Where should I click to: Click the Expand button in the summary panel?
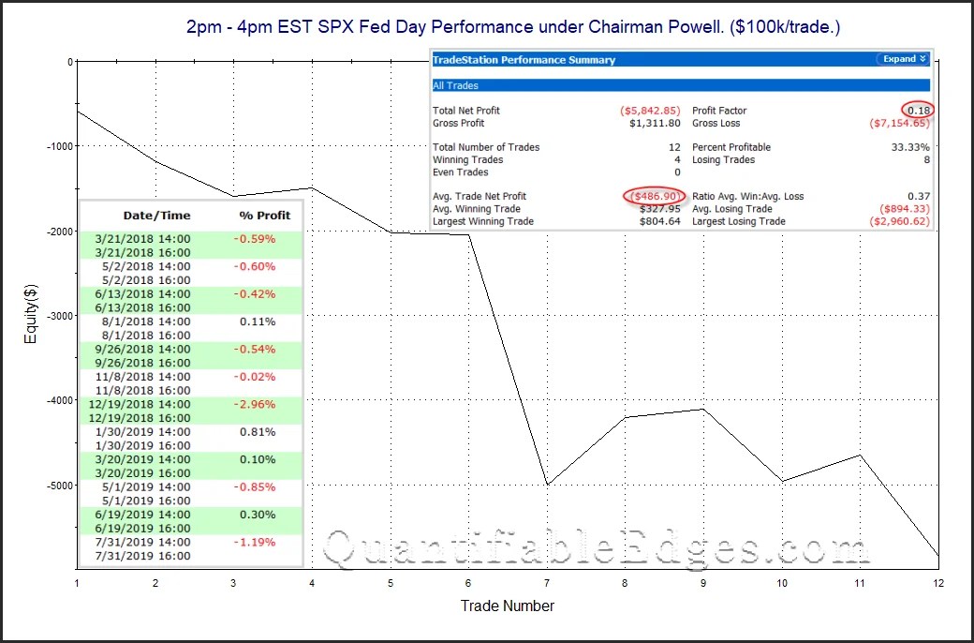click(x=903, y=59)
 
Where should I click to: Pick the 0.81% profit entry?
click(x=258, y=432)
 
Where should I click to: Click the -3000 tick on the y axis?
click(x=55, y=316)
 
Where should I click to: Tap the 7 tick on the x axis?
click(x=546, y=582)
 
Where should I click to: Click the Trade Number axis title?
click(x=507, y=606)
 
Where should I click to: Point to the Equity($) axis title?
click(x=30, y=316)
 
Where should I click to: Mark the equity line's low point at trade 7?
click(x=546, y=485)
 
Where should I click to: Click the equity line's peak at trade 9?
click(x=702, y=409)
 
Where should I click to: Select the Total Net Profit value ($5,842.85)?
click(x=652, y=111)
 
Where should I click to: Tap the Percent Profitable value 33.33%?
click(x=910, y=147)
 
